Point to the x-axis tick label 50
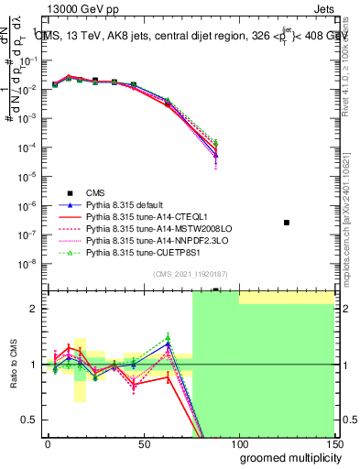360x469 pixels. [x=143, y=442]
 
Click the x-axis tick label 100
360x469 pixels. [x=238, y=442]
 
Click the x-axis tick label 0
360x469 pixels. [x=48, y=442]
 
